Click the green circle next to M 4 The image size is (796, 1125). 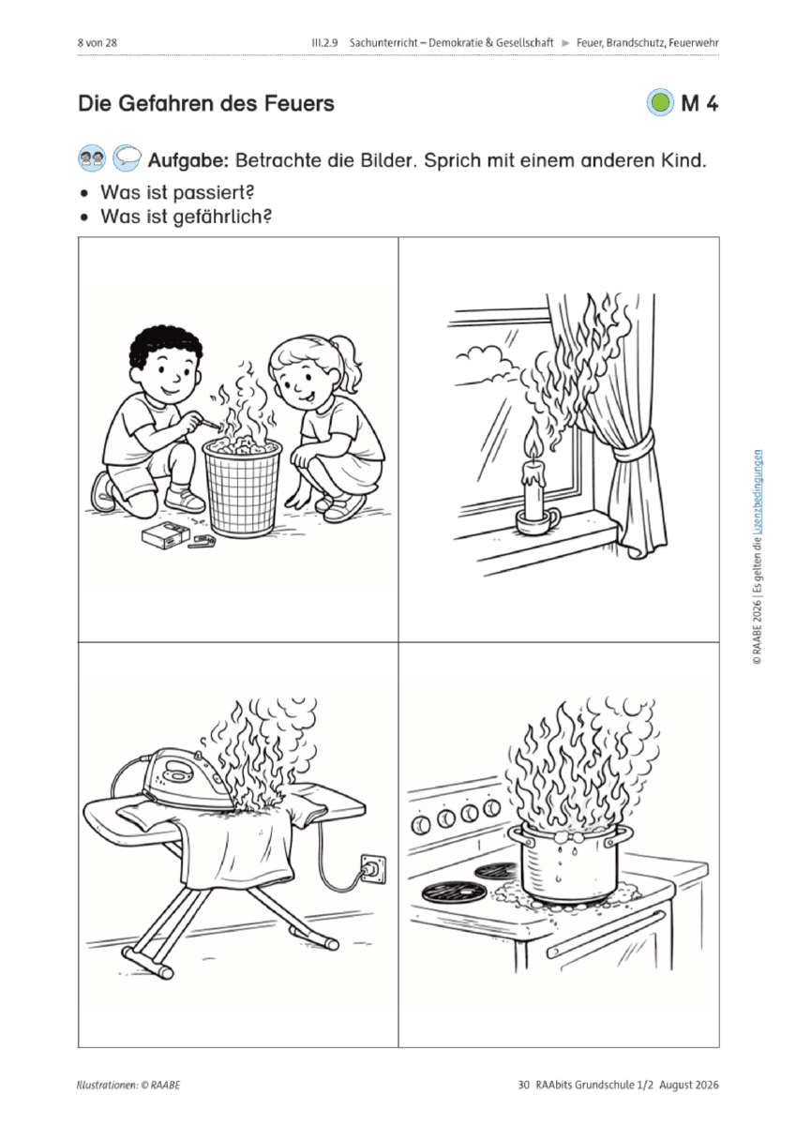660,103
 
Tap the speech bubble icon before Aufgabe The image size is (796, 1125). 127,158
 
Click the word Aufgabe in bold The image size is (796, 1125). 188,160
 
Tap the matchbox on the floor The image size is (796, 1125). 160,535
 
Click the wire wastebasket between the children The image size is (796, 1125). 242,487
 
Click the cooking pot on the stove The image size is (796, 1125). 569,861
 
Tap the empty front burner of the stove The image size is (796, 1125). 454,891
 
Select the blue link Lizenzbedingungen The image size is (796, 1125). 758,491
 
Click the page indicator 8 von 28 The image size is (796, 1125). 98,43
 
